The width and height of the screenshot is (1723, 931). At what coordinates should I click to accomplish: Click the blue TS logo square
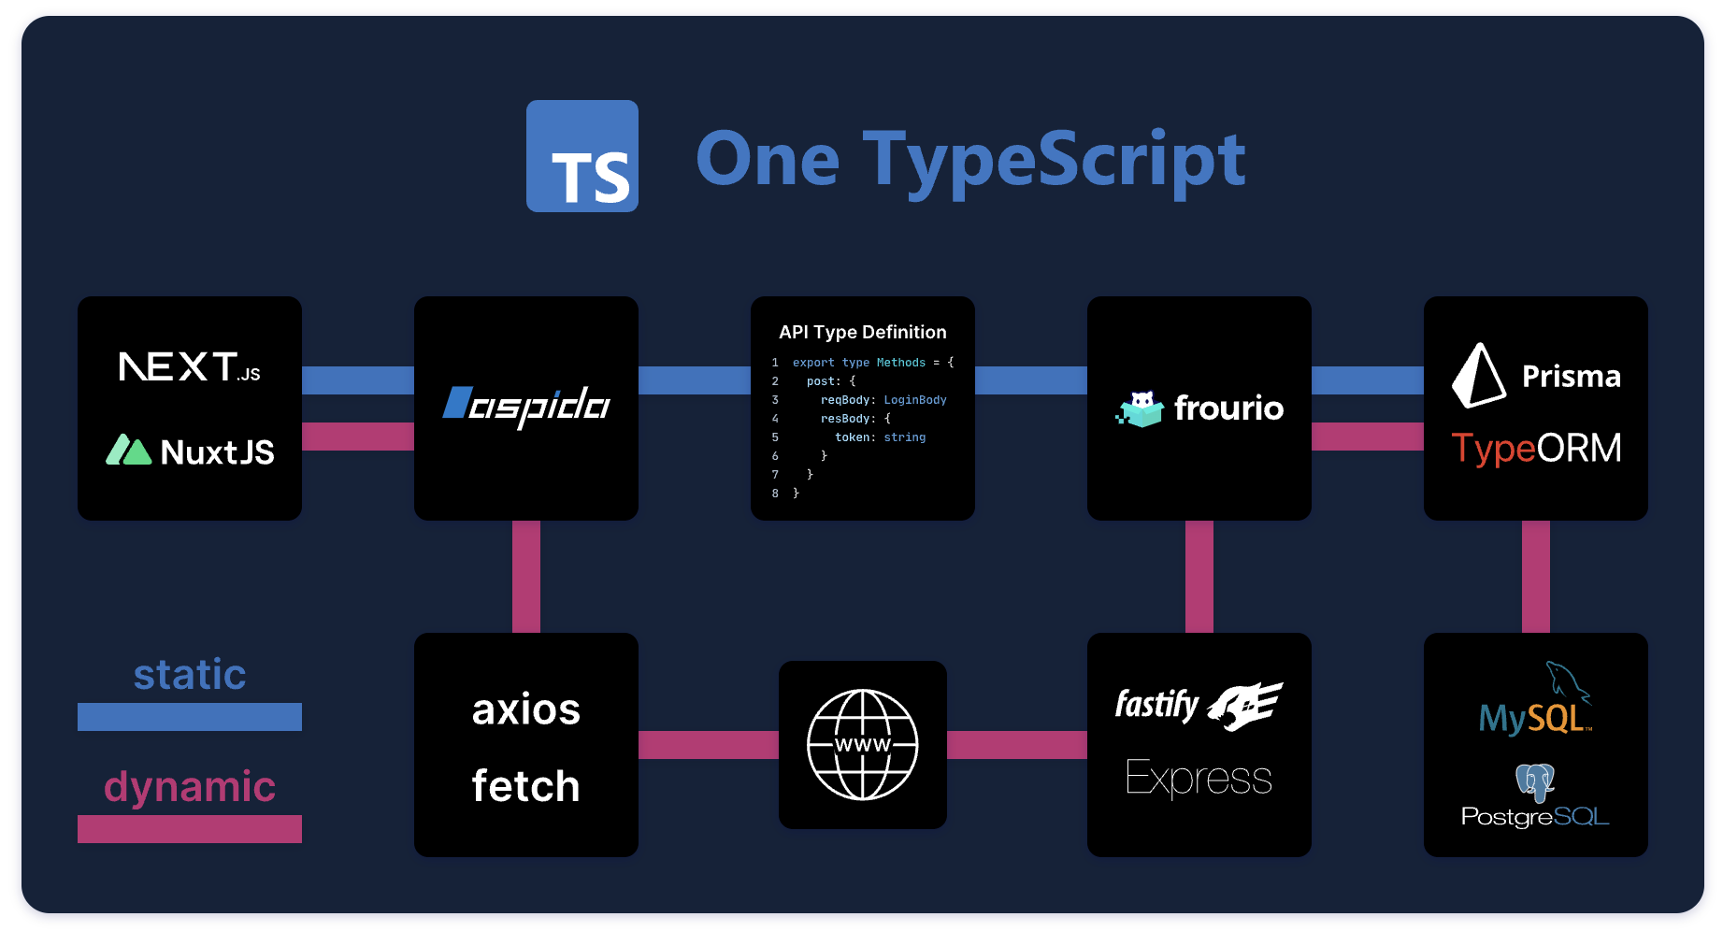click(x=582, y=156)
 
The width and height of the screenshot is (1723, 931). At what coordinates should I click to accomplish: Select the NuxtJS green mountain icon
click(x=128, y=451)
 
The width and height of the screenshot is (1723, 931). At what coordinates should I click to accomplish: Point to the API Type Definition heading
click(x=862, y=332)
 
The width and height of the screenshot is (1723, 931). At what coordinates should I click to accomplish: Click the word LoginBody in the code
click(x=914, y=400)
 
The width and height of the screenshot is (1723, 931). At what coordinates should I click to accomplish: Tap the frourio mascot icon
click(x=1141, y=408)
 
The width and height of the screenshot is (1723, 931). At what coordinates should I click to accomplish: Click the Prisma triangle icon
click(x=1477, y=376)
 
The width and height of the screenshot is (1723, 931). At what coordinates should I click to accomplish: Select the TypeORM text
click(x=1535, y=449)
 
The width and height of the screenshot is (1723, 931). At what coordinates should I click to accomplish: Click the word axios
click(x=525, y=709)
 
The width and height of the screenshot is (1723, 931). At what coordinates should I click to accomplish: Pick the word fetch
click(x=525, y=786)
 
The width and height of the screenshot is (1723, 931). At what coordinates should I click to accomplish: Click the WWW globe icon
click(x=862, y=745)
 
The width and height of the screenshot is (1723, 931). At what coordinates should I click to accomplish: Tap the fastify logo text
click(x=1156, y=704)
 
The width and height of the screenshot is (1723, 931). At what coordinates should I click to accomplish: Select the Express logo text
click(x=1199, y=778)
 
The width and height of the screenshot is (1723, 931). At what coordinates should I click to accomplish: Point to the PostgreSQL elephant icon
click(x=1534, y=781)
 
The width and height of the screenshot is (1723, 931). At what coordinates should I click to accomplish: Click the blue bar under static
click(x=189, y=717)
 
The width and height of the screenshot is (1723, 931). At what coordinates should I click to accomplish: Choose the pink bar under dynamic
click(x=189, y=829)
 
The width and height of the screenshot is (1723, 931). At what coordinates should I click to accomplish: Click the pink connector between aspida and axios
click(x=526, y=577)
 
